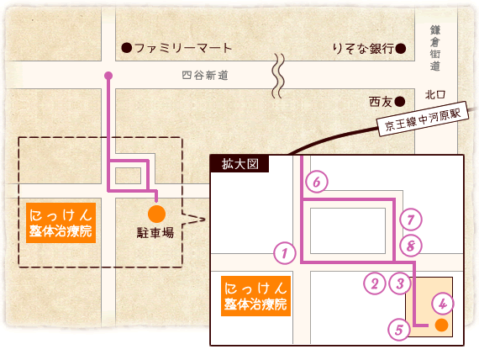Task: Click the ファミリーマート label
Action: coord(182,48)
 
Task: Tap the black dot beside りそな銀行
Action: coord(401,48)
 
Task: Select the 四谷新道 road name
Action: coord(205,75)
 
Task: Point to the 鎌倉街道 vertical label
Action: coord(435,48)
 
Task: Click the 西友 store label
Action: coord(381,102)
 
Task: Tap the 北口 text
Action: coord(435,95)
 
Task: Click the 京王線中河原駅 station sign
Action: coord(423,119)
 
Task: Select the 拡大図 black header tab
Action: coord(239,164)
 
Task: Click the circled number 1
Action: coord(285,253)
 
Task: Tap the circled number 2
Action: coord(375,283)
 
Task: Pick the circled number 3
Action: coord(400,283)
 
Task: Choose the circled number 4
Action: coord(443,304)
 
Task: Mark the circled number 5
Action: coord(399,330)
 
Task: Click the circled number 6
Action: coord(317,182)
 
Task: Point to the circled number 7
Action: coord(411,220)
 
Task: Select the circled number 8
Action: coord(411,246)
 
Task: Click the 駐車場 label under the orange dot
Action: coord(155,233)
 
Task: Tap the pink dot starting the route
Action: coord(108,75)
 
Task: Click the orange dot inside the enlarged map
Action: coord(441,326)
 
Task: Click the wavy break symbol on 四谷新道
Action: coord(278,76)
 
